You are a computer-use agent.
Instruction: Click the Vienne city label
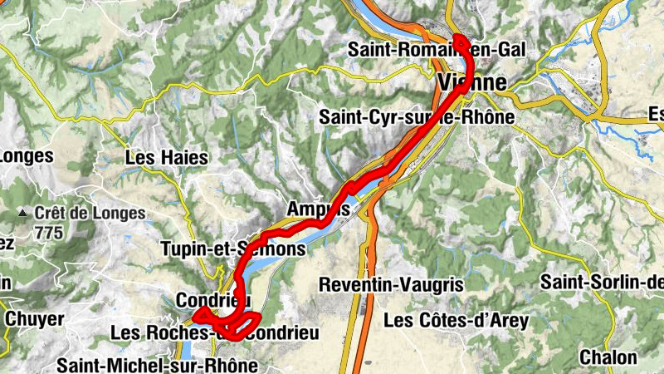(471, 82)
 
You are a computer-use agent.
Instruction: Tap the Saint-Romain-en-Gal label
(437, 50)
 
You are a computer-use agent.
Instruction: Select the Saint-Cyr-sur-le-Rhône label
(416, 118)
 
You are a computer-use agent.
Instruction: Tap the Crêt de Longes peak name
(90, 213)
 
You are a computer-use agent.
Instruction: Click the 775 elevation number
(49, 233)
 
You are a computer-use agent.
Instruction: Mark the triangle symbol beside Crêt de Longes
(24, 214)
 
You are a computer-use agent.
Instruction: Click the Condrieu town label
(213, 299)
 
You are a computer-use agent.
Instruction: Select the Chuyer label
(34, 318)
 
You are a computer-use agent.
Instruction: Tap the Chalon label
(608, 357)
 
